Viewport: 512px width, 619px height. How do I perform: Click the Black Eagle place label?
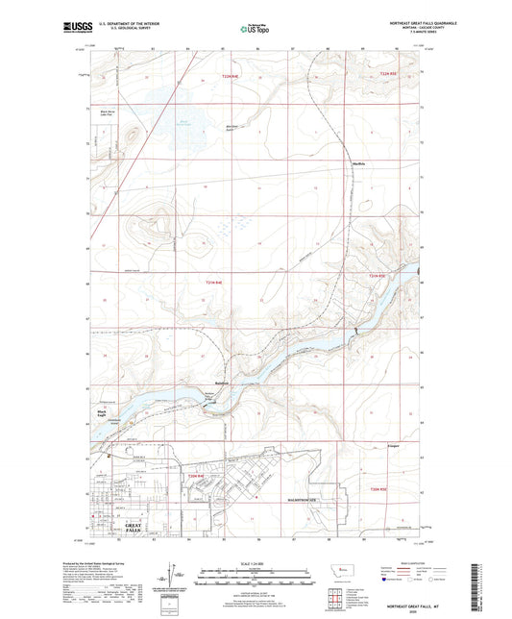tap(102, 412)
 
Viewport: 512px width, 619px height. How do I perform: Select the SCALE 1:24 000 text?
tap(255, 562)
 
